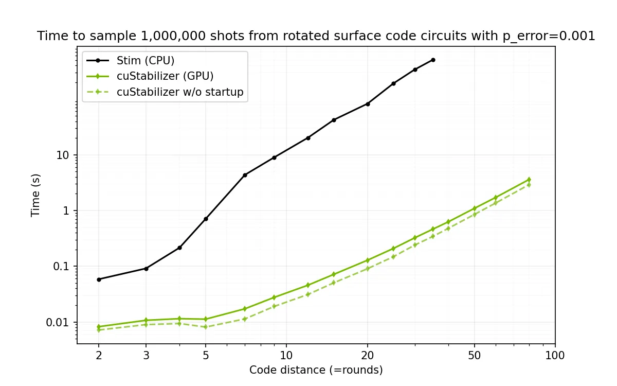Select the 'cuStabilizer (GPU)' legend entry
[x=165, y=76]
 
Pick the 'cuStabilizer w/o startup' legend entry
[x=180, y=92]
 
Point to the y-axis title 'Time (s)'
[x=35, y=195]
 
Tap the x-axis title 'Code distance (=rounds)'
[x=316, y=370]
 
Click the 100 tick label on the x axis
[x=555, y=356]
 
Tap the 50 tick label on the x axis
[x=474, y=356]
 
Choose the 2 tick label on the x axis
[x=99, y=356]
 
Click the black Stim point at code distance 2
[x=99, y=279]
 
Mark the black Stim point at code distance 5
[x=206, y=219]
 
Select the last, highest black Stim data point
[x=433, y=60]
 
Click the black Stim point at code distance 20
[x=367, y=104]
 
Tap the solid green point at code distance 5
[x=206, y=319]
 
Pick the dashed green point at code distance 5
[x=206, y=327]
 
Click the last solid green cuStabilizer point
[x=529, y=180]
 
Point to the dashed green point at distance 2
[x=99, y=330]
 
